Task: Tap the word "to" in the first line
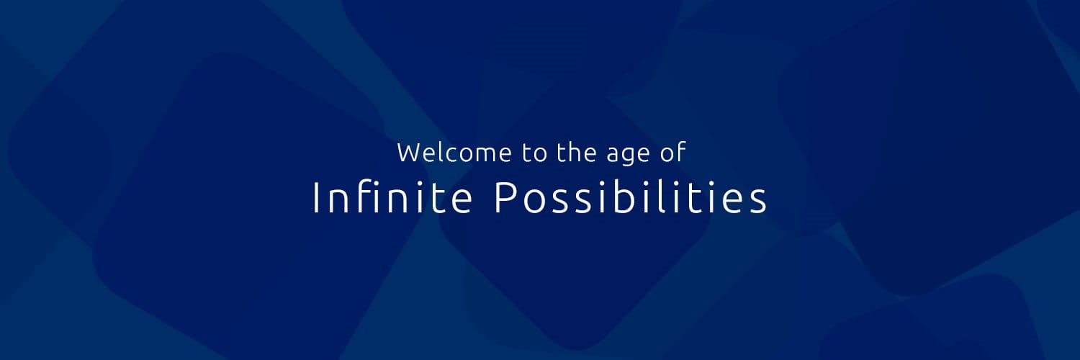(x=535, y=153)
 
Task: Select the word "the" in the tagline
(x=579, y=153)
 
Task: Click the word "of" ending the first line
(x=675, y=153)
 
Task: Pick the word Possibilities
(x=631, y=197)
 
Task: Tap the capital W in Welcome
(x=408, y=153)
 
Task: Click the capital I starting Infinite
(x=315, y=197)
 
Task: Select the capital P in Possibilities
(x=503, y=197)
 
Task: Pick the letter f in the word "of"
(x=683, y=152)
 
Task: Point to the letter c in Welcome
(x=451, y=154)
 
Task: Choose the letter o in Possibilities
(x=531, y=199)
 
